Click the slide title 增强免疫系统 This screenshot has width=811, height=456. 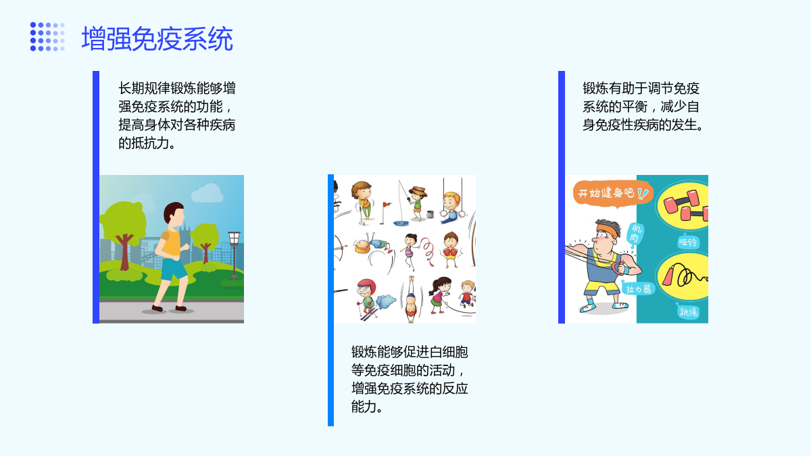157,39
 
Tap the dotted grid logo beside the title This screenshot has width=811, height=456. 47,36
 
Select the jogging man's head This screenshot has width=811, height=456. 174,213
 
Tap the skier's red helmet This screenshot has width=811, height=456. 366,286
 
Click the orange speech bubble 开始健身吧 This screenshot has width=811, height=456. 612,194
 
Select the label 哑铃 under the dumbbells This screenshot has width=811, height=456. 687,242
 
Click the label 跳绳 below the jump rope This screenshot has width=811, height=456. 688,311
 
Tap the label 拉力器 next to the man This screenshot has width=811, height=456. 638,289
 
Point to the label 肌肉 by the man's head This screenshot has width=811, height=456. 635,234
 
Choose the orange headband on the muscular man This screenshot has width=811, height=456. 607,230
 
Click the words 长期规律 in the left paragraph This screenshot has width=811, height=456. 144,88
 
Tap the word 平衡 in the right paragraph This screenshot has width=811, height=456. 635,107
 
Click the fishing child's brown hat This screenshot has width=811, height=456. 418,191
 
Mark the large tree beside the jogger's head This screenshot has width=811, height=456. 124,232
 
